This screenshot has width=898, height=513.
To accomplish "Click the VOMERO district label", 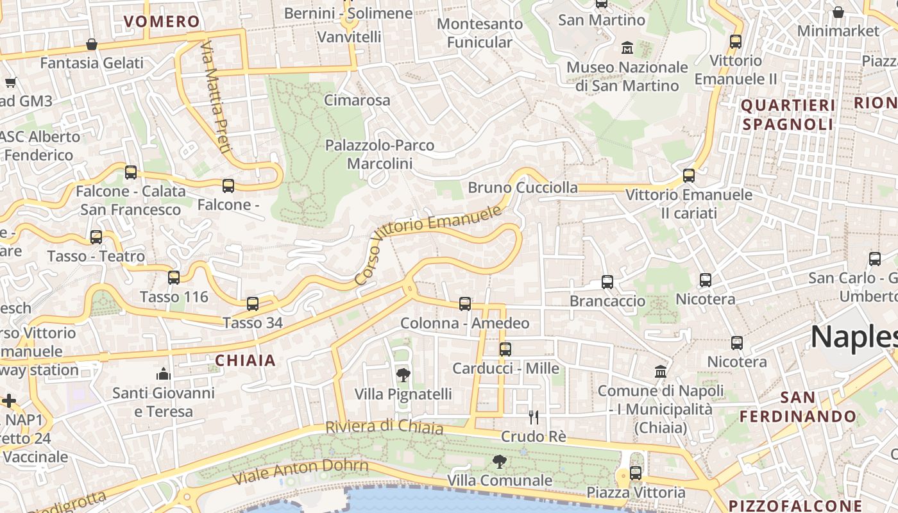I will (162, 21).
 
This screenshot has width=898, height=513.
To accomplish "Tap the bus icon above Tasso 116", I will (174, 278).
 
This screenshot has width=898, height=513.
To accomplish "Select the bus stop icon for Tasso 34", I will (253, 304).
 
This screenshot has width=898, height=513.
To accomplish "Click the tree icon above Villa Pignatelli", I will (403, 375).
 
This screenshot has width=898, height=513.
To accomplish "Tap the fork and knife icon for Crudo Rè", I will (533, 417).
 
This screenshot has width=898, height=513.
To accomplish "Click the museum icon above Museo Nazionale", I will (627, 48).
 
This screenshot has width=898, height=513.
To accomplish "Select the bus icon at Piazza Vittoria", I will (636, 473).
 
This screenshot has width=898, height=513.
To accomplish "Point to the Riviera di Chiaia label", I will (384, 426).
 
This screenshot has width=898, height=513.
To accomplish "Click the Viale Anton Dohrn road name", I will (300, 472).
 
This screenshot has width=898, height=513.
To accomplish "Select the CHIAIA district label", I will (246, 360).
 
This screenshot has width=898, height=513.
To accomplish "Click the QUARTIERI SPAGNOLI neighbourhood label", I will (788, 115).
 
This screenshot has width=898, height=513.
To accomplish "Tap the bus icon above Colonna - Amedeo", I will (465, 304).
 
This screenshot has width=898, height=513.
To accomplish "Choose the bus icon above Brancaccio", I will (607, 282).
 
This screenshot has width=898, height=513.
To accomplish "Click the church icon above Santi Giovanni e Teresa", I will (164, 374).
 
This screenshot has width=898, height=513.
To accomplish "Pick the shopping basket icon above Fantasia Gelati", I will (92, 44).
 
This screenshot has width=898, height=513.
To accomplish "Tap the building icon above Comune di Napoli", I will (661, 371).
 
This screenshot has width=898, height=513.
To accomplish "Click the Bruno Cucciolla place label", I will (523, 188).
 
